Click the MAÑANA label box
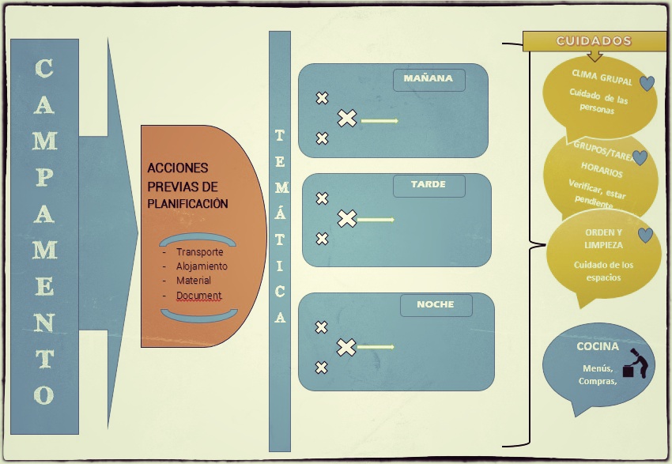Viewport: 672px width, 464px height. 428,79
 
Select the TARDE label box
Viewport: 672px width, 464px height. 428,185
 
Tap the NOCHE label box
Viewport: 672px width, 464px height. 436,305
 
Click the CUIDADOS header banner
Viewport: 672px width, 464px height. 594,41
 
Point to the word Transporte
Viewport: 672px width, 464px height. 199,252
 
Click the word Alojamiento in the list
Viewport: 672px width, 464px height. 202,266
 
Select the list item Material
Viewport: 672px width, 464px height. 194,281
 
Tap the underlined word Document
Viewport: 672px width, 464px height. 198,296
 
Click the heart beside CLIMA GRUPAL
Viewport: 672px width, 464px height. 647,83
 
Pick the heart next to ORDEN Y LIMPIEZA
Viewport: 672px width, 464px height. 645,235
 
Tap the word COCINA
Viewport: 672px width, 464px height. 598,346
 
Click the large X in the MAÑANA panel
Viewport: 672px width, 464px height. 347,119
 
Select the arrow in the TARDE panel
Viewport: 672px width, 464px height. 377,219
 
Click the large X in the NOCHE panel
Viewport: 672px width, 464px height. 346,347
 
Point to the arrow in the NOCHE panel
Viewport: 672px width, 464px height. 376,347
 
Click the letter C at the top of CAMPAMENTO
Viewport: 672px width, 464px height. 44,70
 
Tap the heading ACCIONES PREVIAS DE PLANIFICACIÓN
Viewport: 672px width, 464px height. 187,186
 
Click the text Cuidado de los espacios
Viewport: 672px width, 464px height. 603,271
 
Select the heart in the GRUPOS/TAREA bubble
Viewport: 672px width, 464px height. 640,158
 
